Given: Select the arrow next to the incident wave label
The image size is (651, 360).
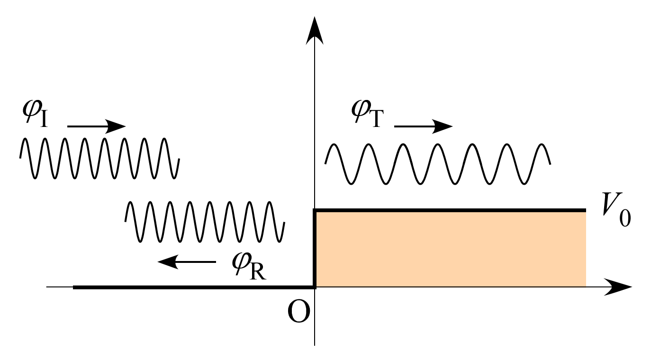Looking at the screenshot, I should coord(97,126).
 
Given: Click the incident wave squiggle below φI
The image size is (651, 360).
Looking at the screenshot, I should coord(99,158).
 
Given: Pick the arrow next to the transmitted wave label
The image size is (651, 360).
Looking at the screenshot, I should coord(424,126).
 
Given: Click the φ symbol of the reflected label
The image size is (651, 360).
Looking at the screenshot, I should coord(243,261).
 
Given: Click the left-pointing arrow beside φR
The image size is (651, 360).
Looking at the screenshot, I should coord(186,261).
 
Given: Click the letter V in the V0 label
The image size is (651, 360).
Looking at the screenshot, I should coord(611,204).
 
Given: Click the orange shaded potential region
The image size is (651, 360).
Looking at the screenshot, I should coord(450,249).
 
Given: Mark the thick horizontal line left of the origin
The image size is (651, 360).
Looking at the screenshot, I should coord(190,287).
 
